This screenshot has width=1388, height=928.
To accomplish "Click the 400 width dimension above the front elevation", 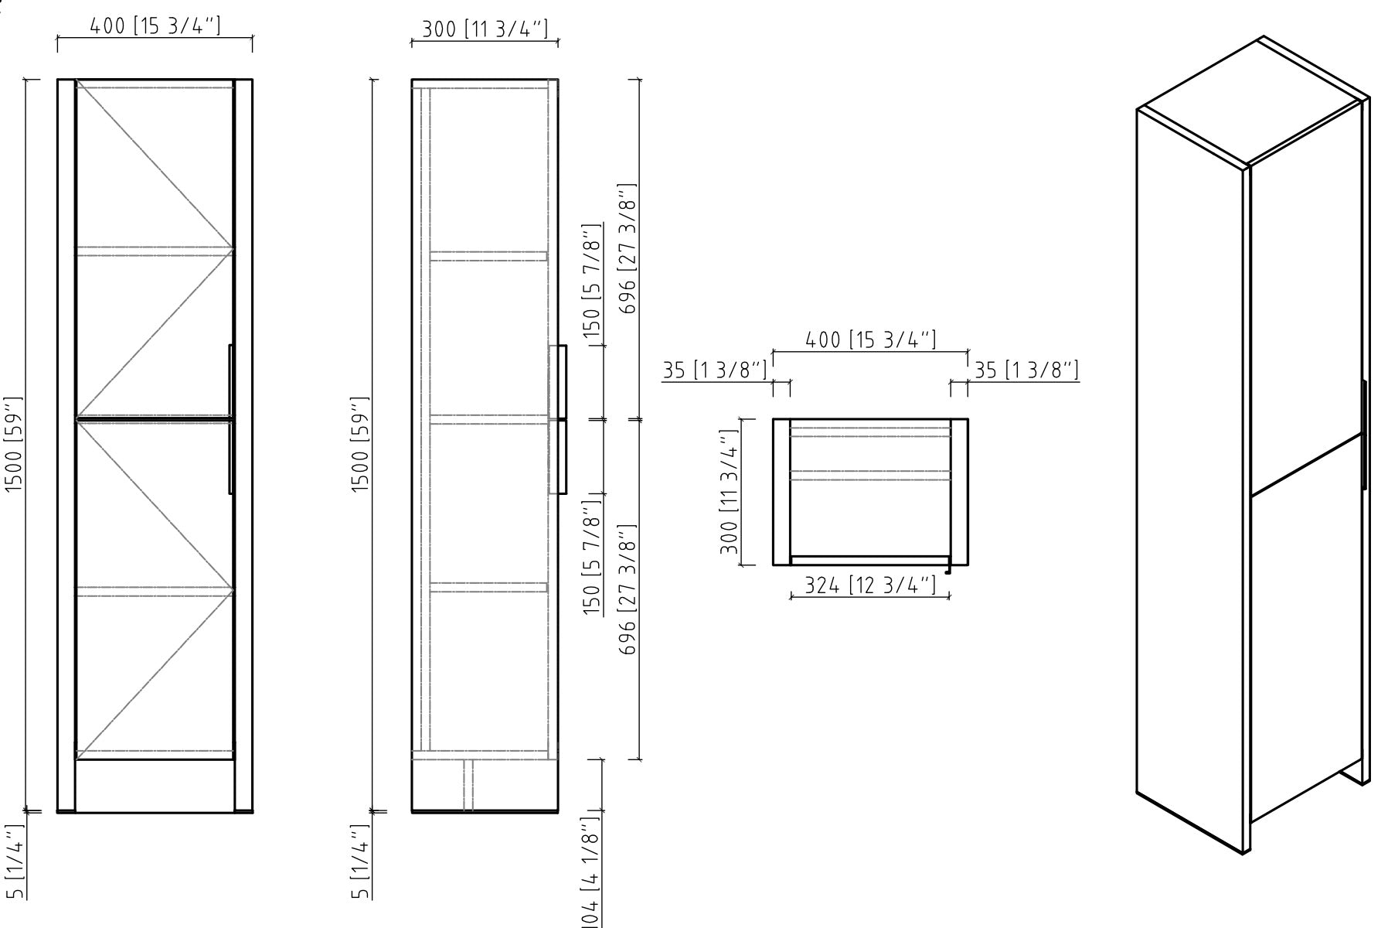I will click(x=155, y=26).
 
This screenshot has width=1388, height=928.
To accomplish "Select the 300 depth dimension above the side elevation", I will click(x=485, y=30).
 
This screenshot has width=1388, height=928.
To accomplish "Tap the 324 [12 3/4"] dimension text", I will click(x=870, y=586).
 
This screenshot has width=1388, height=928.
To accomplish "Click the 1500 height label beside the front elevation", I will click(x=15, y=445).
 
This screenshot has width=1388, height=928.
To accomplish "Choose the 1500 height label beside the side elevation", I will click(x=361, y=445).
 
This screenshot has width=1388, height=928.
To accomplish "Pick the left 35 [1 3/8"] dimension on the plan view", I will click(x=715, y=370).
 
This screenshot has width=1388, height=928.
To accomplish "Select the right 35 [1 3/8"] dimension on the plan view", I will click(x=1026, y=370).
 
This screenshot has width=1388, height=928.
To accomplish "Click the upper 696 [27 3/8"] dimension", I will click(x=628, y=249).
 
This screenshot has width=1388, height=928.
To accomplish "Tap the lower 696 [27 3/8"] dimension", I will click(x=628, y=589).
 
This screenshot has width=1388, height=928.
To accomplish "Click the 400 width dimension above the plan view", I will click(x=871, y=340).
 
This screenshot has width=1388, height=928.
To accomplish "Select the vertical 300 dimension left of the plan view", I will click(x=729, y=492).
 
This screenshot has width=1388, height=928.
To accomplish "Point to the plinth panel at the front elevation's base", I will click(x=155, y=785).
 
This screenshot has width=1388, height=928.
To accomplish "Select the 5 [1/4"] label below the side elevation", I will click(x=361, y=862).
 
